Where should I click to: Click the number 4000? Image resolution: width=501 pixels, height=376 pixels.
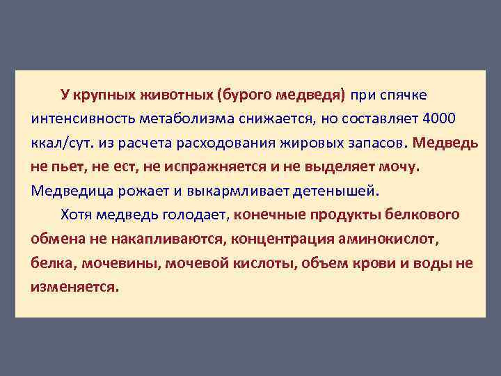pyautogui.click(x=440, y=119)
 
